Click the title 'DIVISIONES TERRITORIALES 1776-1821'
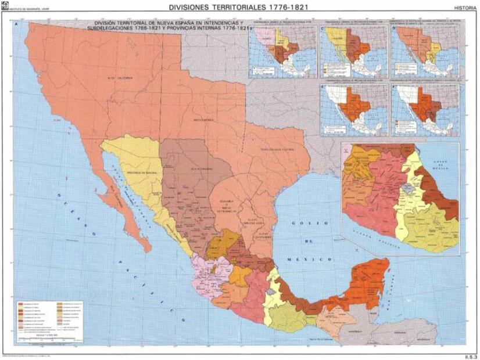point(238,7)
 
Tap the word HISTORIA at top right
point(465,8)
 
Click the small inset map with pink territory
point(282,52)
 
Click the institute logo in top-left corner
point(5,6)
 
